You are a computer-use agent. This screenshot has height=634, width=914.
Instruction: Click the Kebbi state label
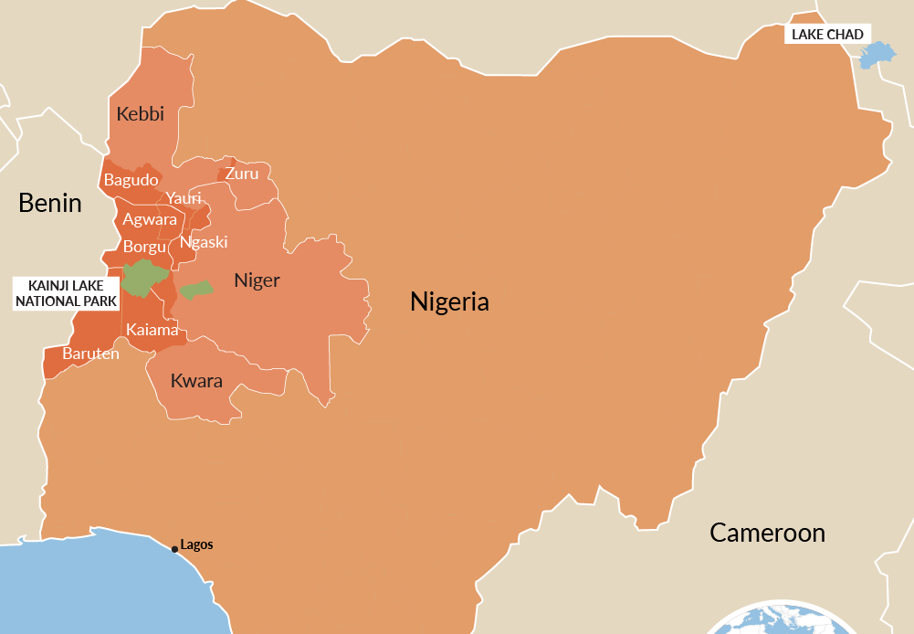click(141, 114)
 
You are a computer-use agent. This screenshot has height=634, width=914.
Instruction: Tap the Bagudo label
click(131, 180)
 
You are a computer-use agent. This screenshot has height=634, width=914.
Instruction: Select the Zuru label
click(242, 174)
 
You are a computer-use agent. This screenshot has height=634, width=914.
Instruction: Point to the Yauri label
click(183, 198)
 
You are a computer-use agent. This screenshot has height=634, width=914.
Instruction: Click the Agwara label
click(149, 219)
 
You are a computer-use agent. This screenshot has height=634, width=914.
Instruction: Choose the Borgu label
click(144, 247)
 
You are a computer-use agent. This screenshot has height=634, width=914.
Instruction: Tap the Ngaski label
click(204, 242)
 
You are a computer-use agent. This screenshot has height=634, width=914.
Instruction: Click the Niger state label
click(257, 280)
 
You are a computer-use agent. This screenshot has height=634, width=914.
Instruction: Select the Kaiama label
click(152, 330)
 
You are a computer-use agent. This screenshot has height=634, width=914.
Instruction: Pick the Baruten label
click(90, 354)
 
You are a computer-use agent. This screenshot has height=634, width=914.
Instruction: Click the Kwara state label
click(196, 382)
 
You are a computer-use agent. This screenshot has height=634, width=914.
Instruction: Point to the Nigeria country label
click(449, 301)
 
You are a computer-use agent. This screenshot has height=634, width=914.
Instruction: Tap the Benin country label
click(50, 203)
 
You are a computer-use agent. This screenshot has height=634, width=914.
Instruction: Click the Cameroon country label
click(767, 533)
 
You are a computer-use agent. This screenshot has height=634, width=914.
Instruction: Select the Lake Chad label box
click(826, 35)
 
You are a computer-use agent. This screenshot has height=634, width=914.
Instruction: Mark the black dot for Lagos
click(174, 549)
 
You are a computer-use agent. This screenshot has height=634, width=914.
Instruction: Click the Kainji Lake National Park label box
click(66, 293)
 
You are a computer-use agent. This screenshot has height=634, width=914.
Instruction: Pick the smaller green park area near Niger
click(195, 290)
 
